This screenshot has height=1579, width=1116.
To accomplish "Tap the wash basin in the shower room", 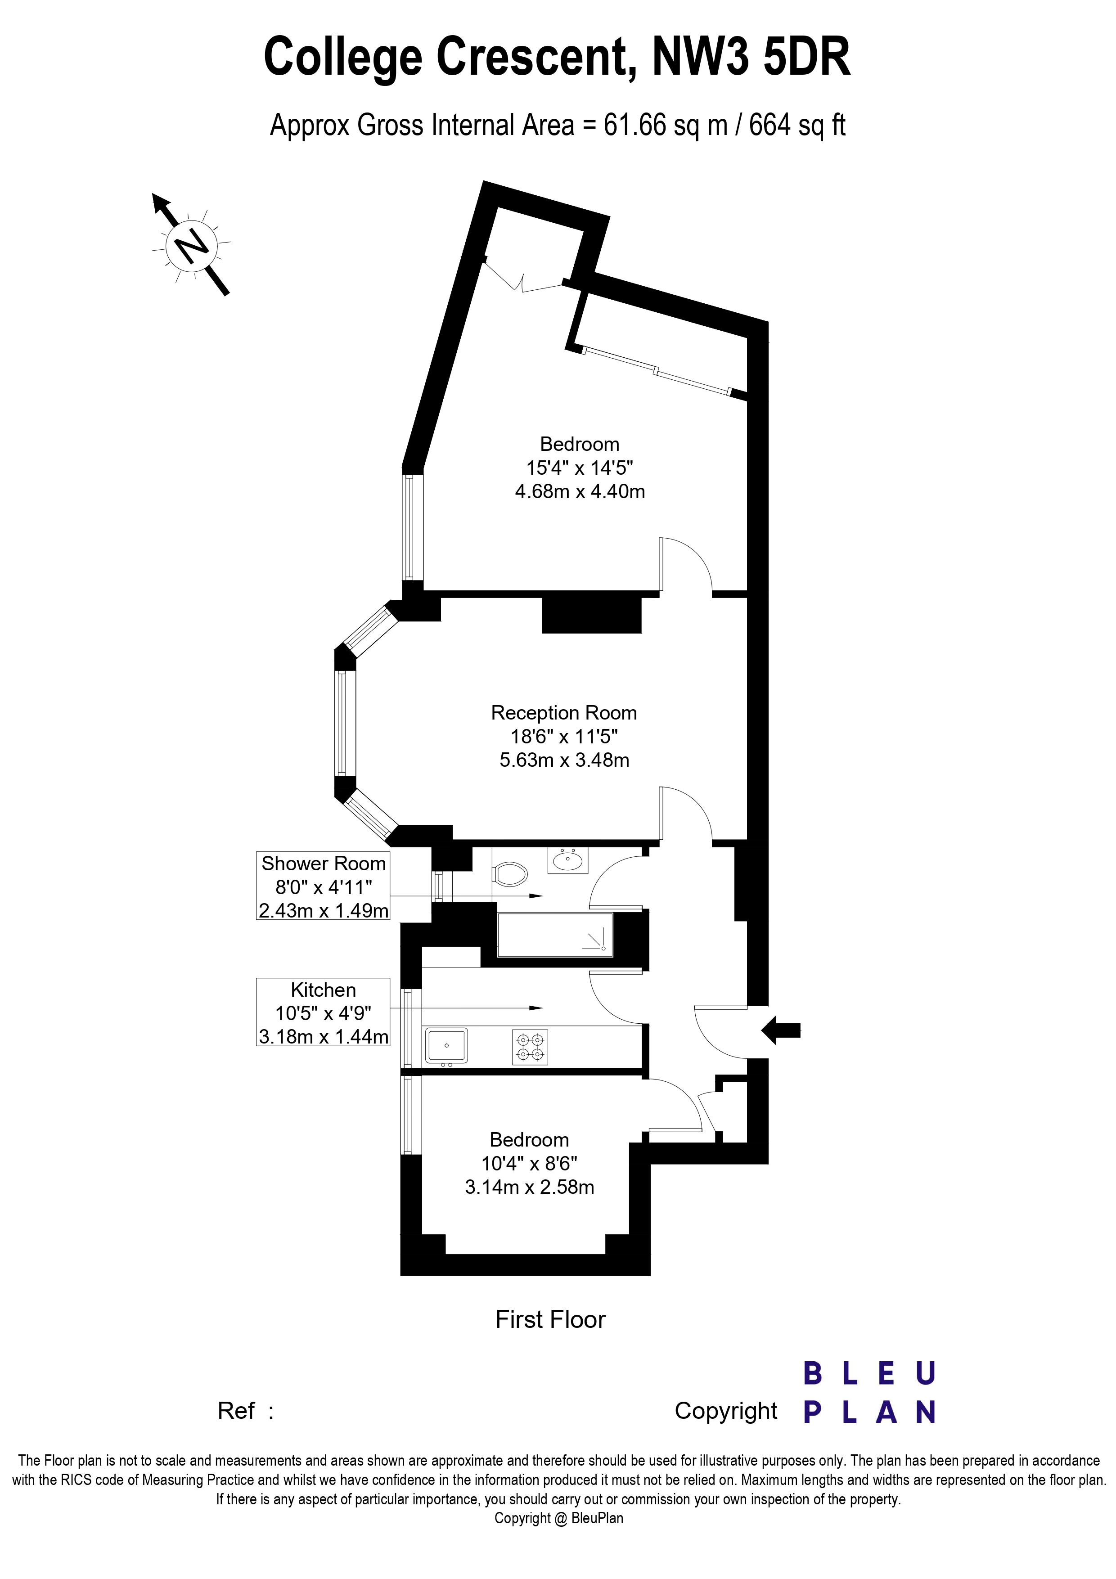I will [568, 860].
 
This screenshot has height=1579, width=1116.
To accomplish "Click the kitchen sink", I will [446, 1045].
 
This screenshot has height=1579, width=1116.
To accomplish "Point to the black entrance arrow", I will [781, 1030].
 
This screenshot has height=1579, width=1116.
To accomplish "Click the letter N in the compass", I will [192, 244].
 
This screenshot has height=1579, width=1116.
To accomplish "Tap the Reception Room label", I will [564, 712].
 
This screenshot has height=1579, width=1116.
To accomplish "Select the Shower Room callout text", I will [323, 864].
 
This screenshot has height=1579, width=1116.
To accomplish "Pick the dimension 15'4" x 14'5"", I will [579, 468].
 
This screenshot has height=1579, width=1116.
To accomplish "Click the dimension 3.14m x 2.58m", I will [530, 1187].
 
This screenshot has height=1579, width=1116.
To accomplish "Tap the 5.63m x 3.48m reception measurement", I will [564, 760].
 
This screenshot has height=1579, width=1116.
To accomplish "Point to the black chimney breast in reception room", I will [591, 614].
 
